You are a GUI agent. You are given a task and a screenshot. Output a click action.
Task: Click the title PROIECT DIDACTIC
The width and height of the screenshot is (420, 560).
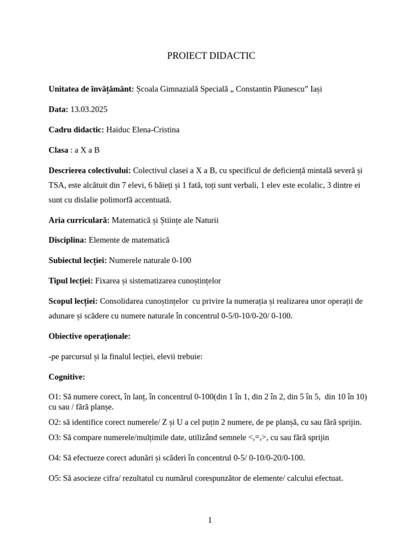pos(211,56)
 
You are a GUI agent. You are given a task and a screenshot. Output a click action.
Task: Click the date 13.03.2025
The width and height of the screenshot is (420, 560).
pos(89,109)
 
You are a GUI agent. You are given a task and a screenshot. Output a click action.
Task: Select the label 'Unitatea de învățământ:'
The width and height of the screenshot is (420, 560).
pos(91,89)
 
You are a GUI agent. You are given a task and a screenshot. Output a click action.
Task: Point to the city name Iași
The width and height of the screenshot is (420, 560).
pos(316,89)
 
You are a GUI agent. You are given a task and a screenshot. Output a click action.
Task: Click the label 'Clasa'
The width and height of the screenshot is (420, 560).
pos(59,150)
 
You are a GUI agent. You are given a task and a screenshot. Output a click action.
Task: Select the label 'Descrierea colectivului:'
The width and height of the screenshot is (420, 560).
pos(90,171)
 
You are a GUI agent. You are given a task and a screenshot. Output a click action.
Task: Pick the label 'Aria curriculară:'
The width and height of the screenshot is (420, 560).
pos(79,220)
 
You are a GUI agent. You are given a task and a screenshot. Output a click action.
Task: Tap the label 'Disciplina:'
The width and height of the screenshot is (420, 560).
pos(67,240)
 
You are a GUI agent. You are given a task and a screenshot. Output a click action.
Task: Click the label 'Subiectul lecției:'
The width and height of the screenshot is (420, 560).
pos(78,260)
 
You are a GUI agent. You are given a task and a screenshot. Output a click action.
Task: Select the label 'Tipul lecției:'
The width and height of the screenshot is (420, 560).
pos(71,281)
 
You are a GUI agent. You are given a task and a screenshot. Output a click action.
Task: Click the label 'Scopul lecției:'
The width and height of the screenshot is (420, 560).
pos(73,301)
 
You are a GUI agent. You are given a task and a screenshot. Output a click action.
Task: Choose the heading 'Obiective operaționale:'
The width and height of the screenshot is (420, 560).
pos(90,336)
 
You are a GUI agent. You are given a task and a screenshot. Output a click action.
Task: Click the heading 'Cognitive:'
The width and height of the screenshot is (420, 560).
pos(67,377)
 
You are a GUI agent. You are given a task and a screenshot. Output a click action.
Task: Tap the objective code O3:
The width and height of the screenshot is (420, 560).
pos(55,437)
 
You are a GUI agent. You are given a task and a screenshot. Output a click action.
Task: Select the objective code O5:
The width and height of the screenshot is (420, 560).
pos(55,478)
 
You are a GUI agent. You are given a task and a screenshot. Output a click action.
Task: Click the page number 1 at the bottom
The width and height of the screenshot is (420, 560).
pos(210,520)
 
